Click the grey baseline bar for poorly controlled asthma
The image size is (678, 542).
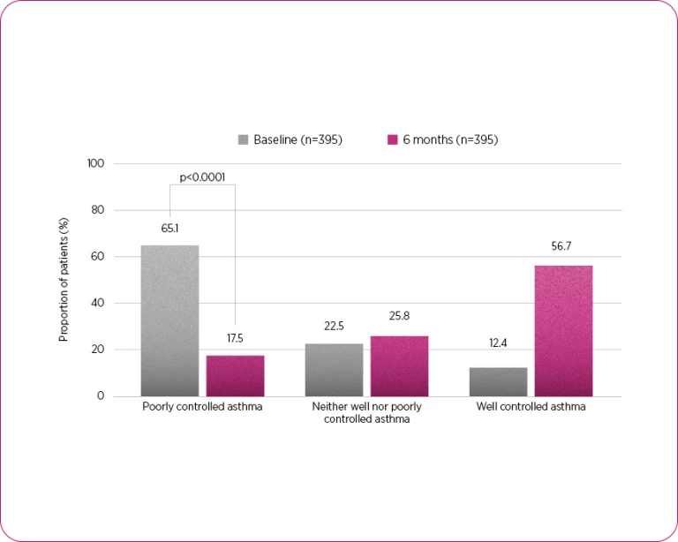(x=169, y=320)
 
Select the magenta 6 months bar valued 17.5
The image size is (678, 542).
(x=235, y=375)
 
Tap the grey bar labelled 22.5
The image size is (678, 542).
(x=334, y=369)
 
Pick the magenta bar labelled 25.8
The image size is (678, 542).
(x=399, y=365)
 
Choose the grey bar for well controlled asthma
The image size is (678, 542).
(x=498, y=381)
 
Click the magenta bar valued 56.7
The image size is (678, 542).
(x=563, y=330)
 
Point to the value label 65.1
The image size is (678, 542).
(x=169, y=228)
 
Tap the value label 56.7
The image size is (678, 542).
(x=563, y=247)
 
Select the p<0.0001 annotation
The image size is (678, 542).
(x=202, y=177)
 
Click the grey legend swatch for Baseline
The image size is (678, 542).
(x=244, y=139)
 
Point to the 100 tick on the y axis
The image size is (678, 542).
(x=95, y=163)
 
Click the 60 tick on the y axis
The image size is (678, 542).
(x=98, y=257)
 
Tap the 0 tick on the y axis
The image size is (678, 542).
(x=101, y=396)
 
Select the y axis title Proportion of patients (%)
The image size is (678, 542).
(x=64, y=280)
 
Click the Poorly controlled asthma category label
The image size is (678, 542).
(x=202, y=407)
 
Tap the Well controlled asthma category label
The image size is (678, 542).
(x=531, y=407)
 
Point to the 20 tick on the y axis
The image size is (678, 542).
(x=98, y=350)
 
